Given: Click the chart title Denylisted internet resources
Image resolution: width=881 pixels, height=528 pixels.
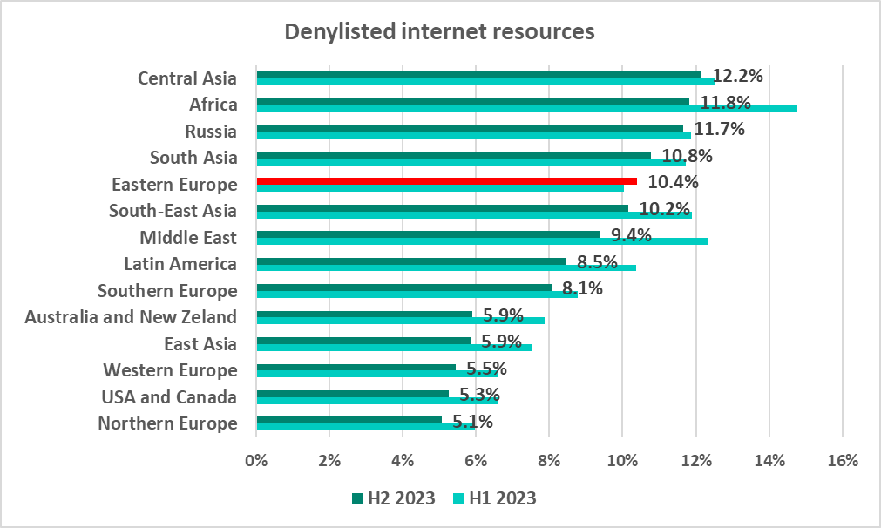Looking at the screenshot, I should point(440,32).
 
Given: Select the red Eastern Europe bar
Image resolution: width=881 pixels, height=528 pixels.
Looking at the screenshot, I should point(446,181).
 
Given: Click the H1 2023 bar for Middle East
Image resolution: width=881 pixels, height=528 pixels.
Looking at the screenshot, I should point(481,240).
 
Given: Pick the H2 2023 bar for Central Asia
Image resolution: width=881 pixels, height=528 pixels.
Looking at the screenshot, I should point(478,75).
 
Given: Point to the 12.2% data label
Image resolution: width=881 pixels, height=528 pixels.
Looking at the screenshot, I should point(737,76).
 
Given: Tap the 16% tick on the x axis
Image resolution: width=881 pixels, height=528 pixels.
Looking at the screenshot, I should point(842,460).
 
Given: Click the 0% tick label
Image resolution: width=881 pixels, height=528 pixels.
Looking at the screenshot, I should point(256,460).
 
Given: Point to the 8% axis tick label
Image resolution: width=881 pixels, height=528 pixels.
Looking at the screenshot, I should point(549,460).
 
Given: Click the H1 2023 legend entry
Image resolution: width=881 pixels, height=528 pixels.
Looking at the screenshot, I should point(495,498).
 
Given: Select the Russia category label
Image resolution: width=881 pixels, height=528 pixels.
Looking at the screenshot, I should point(211,132).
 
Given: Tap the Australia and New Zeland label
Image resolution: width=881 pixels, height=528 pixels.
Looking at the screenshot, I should point(131,317).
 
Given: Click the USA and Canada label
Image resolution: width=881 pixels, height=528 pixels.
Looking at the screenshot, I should point(169,397).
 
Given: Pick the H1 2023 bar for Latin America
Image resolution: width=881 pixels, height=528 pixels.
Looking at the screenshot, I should point(445,267).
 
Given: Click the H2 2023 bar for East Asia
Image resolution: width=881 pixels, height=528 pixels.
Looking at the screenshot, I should point(363,341).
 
